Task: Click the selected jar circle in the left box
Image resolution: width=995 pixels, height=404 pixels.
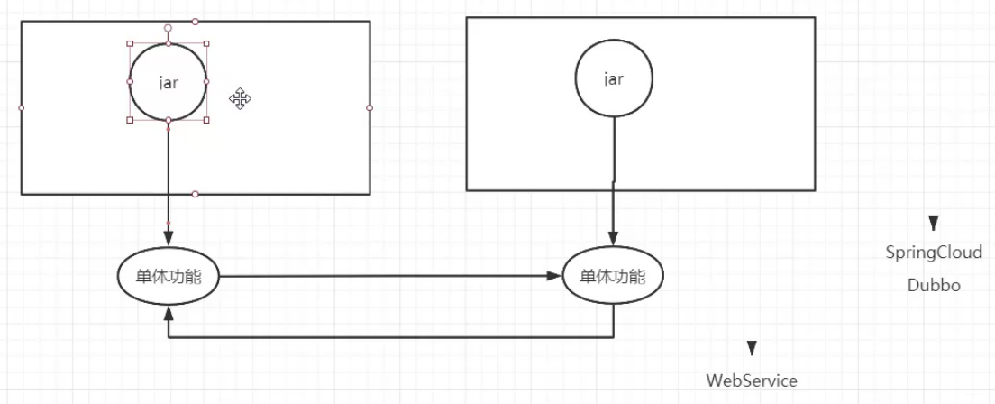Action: (x=169, y=81)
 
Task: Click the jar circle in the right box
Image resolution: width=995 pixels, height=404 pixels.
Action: (x=613, y=78)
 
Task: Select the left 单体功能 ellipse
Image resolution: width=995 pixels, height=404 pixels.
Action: (x=169, y=278)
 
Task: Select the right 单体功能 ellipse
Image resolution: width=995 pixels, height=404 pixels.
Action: (x=613, y=278)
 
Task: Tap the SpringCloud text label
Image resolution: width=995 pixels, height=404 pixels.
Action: (x=934, y=252)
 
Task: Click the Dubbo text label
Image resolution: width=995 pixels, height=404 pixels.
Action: (x=934, y=285)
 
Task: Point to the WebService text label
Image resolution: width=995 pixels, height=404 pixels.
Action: (x=752, y=381)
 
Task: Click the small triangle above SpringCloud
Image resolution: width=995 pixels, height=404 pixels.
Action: (x=934, y=223)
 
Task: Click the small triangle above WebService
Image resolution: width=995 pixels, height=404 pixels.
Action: (x=752, y=348)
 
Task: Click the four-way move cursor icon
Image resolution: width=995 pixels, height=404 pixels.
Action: (x=240, y=99)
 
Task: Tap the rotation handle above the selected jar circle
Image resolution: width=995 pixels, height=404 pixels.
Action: (x=169, y=28)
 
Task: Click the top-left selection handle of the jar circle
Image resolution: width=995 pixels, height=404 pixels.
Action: (x=131, y=43)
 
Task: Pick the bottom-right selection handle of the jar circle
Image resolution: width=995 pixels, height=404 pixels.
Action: (x=206, y=119)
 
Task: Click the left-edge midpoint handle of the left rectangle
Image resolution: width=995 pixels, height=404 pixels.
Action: (x=22, y=107)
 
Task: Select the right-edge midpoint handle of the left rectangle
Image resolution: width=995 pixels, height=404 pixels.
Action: (x=370, y=107)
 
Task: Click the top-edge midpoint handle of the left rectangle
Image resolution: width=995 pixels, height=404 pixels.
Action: (x=196, y=21)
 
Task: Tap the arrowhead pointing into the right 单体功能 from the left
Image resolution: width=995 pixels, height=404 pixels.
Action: (x=552, y=278)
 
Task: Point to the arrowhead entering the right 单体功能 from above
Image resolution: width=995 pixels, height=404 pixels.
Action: (x=613, y=239)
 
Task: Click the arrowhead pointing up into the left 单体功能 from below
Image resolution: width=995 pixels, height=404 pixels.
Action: (x=169, y=311)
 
